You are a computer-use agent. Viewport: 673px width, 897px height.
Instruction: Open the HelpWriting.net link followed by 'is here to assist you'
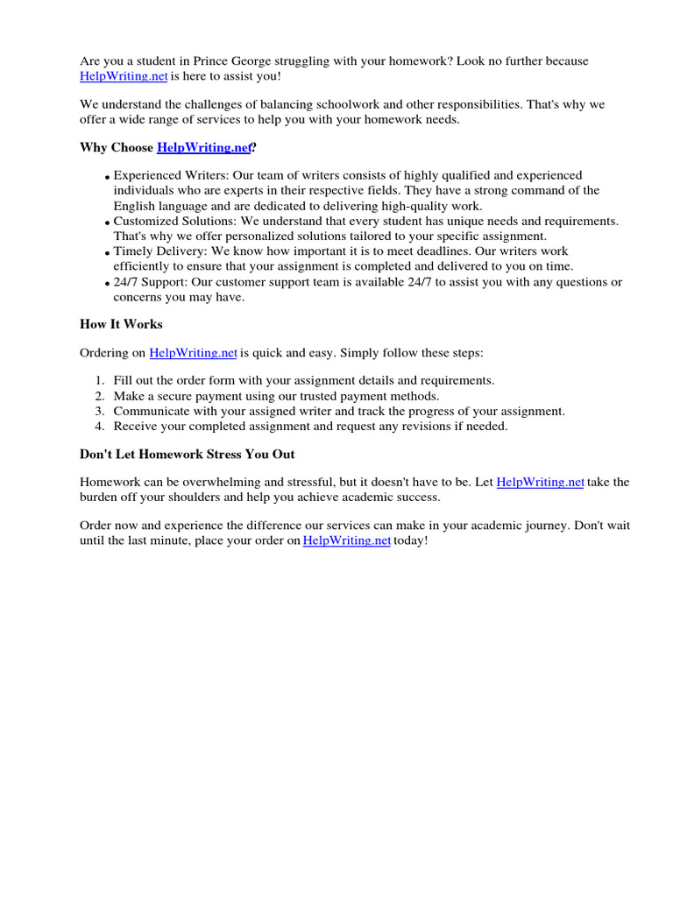pyautogui.click(x=124, y=77)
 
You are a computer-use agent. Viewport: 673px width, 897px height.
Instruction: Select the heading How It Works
pyautogui.click(x=121, y=324)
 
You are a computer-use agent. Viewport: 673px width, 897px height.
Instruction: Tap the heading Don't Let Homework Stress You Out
pyautogui.click(x=187, y=454)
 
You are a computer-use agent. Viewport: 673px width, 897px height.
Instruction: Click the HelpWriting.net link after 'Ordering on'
pyautogui.click(x=194, y=353)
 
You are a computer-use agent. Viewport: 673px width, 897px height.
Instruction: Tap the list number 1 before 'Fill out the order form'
pyautogui.click(x=100, y=381)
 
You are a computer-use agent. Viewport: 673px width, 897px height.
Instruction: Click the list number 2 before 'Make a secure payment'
pyautogui.click(x=100, y=396)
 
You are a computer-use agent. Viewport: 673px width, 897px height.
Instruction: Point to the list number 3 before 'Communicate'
pyautogui.click(x=100, y=411)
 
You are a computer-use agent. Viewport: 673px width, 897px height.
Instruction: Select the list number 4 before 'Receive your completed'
pyautogui.click(x=100, y=427)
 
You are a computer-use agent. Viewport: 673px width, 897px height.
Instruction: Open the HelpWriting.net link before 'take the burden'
pyautogui.click(x=540, y=483)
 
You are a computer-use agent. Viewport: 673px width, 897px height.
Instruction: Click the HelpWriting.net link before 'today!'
pyautogui.click(x=347, y=541)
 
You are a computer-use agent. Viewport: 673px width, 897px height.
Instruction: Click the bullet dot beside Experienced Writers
pyautogui.click(x=107, y=178)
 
